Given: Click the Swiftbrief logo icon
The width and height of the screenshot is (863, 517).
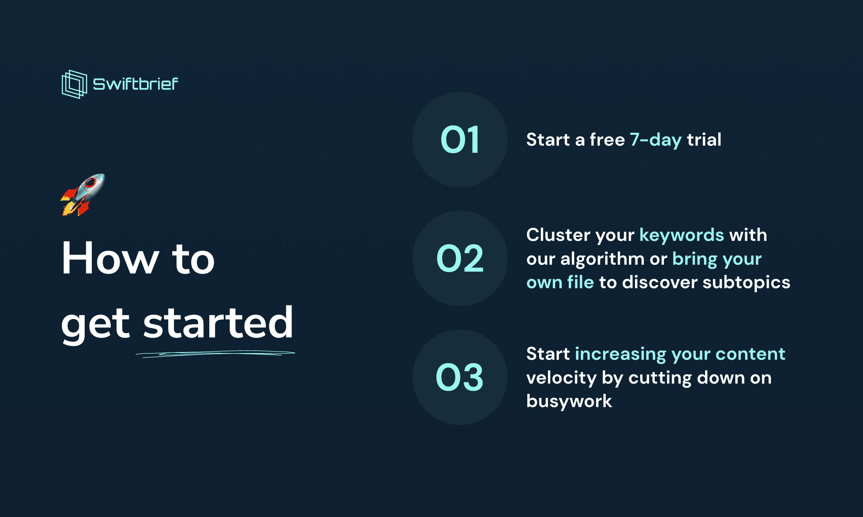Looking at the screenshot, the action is [x=74, y=84].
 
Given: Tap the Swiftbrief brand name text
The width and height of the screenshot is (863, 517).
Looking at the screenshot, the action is [x=135, y=84].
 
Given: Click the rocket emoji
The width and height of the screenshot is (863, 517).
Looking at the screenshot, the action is [x=83, y=195].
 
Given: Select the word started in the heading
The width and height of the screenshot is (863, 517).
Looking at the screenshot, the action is [x=218, y=322].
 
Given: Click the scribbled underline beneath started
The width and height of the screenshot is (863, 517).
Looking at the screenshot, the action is [x=215, y=354].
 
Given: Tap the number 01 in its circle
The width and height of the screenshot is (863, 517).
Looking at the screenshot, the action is [x=460, y=140].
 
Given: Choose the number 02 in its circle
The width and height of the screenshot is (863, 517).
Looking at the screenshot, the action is [x=460, y=258].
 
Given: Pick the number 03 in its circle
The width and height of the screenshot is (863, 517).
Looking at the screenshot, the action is [x=460, y=377].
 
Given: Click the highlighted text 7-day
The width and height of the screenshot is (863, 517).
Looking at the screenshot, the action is [x=656, y=140].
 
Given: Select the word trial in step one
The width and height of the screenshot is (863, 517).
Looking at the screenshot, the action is [x=704, y=139].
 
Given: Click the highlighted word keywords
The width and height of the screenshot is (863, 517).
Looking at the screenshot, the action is [x=682, y=234].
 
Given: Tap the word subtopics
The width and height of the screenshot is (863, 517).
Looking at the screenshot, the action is [x=746, y=282].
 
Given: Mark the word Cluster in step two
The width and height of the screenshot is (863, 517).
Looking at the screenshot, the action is [x=558, y=234].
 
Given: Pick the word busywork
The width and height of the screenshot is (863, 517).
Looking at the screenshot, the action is [x=569, y=401].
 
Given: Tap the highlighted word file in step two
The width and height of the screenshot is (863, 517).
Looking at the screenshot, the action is [x=580, y=282].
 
